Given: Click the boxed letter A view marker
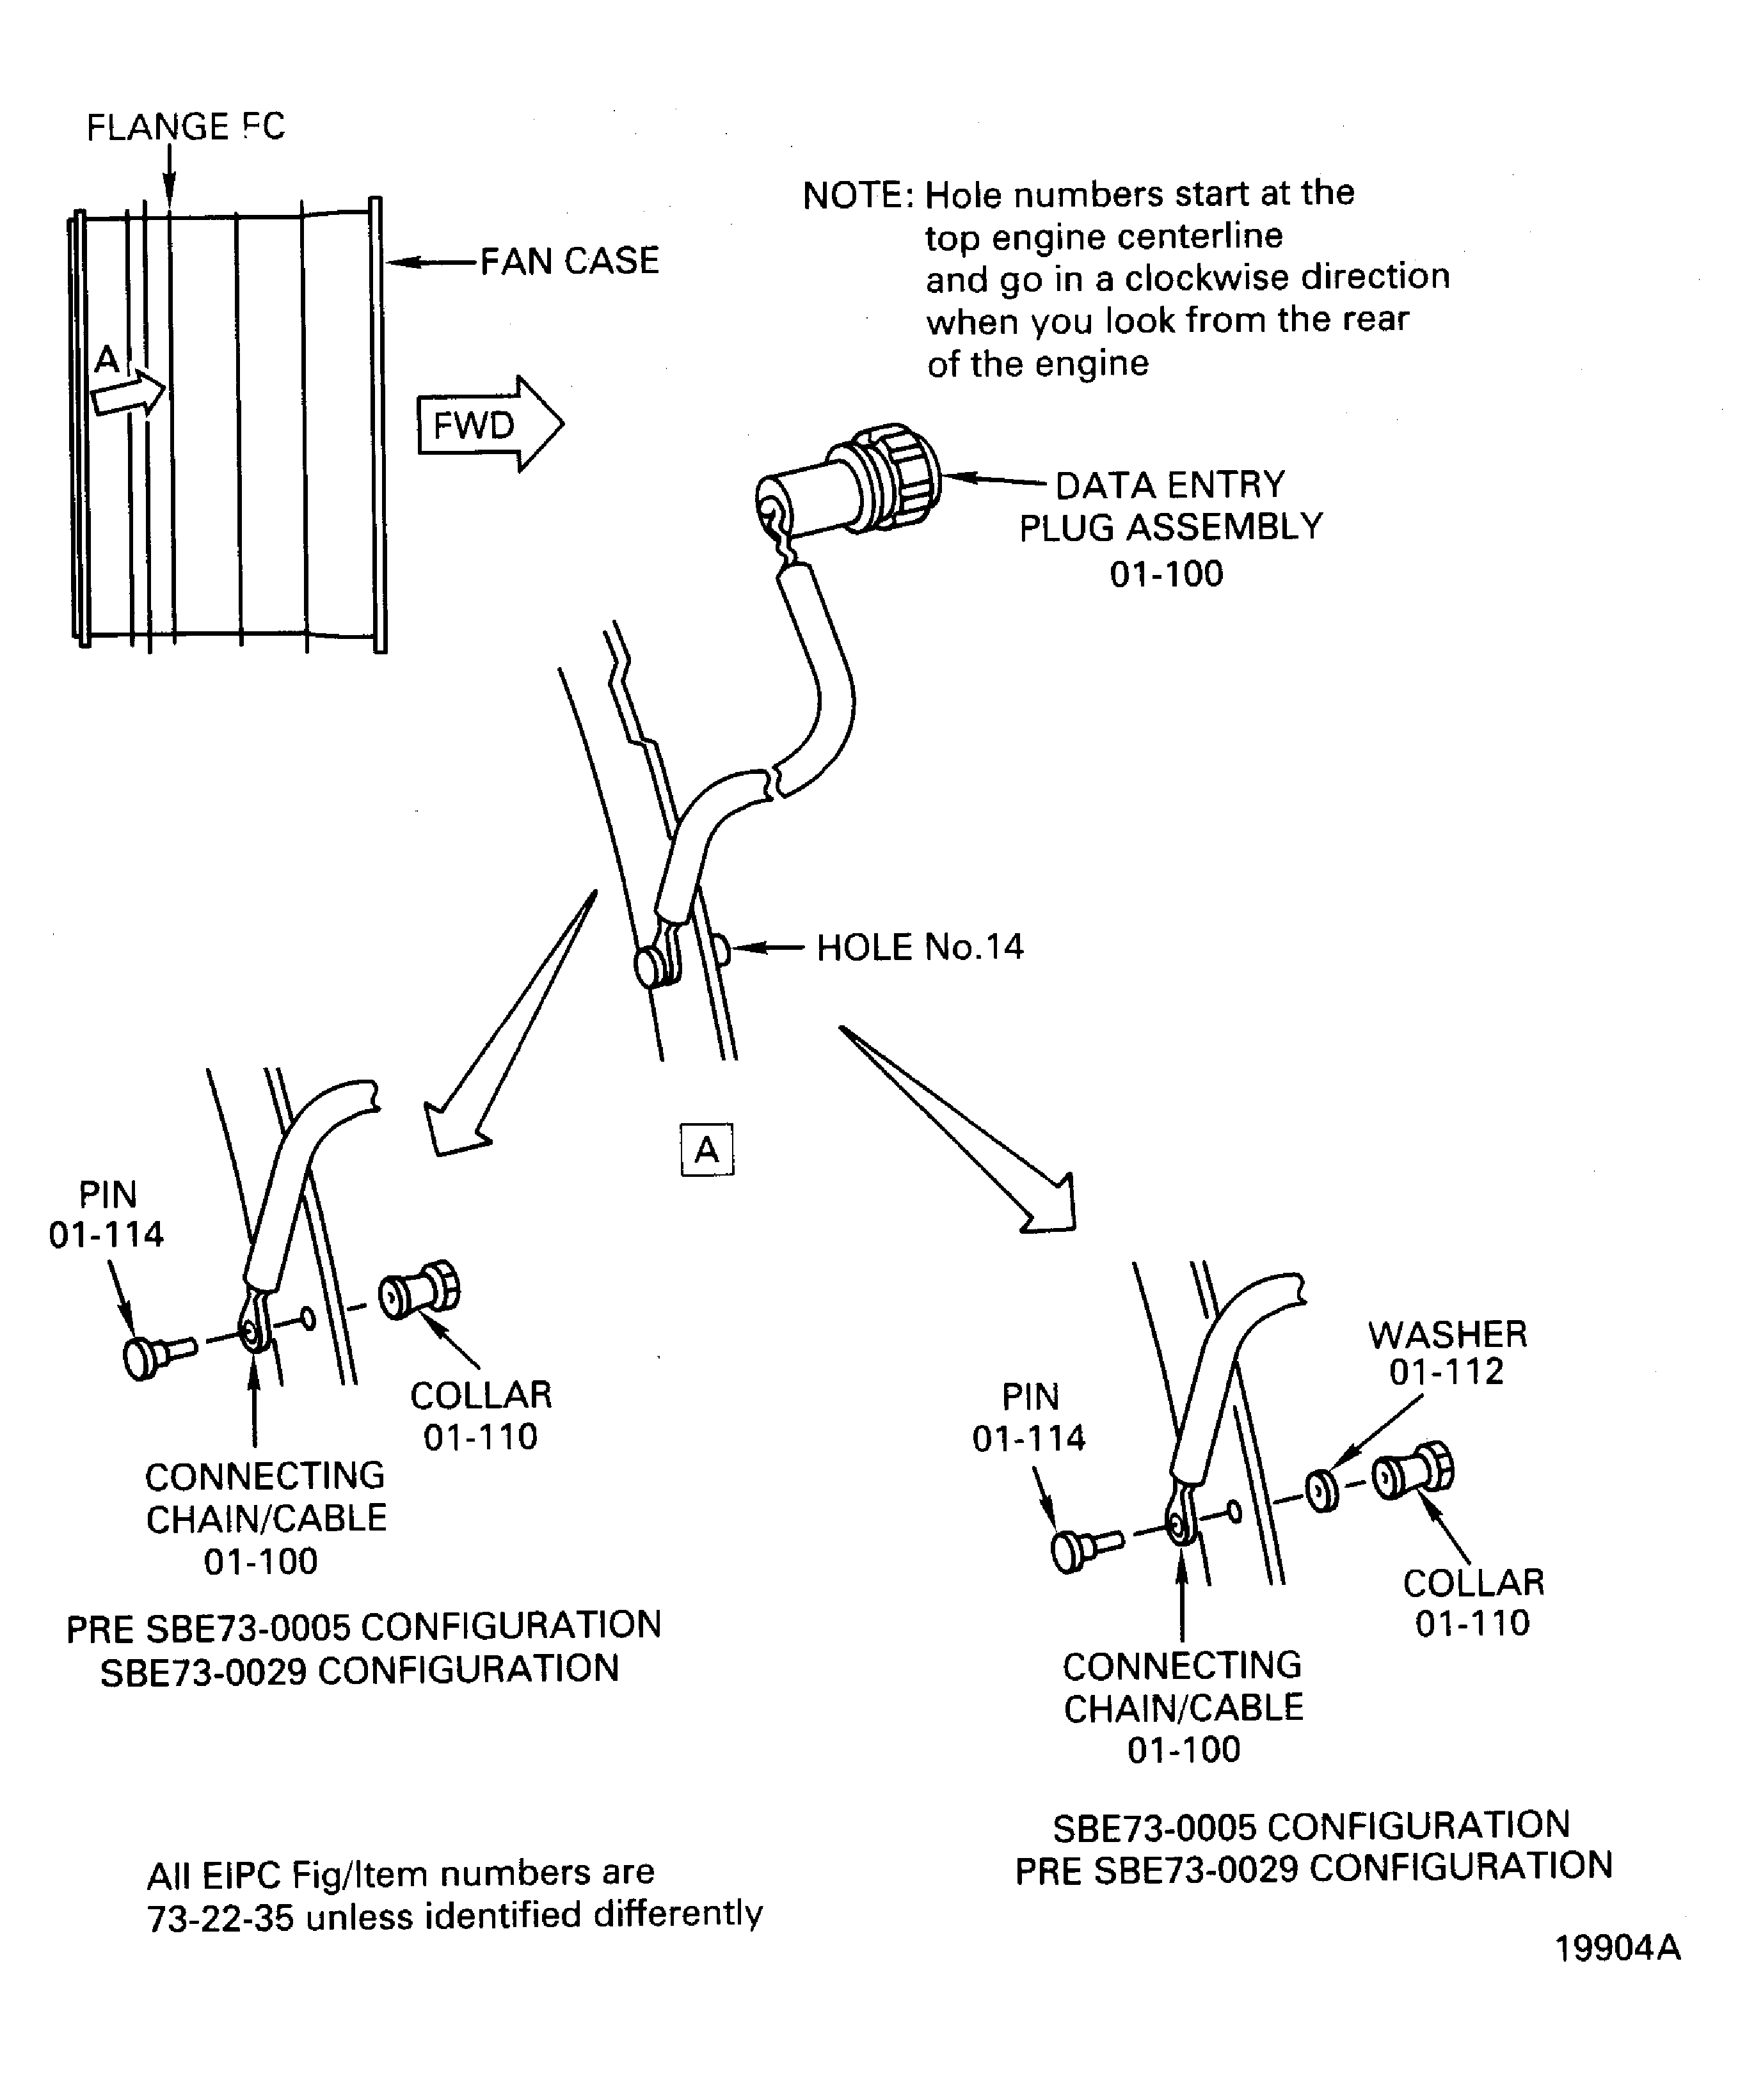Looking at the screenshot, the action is coord(707,1150).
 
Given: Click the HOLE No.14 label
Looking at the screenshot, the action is coord(920,947).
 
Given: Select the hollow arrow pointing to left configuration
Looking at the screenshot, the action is coord(509,1023).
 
